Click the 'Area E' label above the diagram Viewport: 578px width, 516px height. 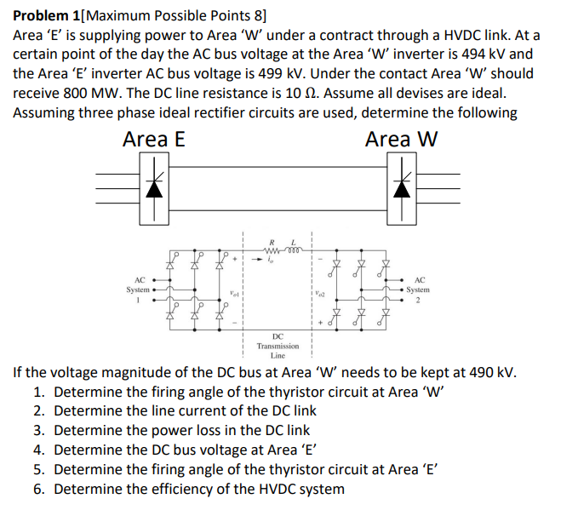[153, 139]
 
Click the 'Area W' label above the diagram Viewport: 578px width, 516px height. [401, 139]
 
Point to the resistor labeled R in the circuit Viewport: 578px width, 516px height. [274, 249]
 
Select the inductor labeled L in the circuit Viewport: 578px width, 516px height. [295, 249]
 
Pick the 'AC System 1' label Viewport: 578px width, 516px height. [140, 290]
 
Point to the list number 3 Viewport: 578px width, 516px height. [39, 431]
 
